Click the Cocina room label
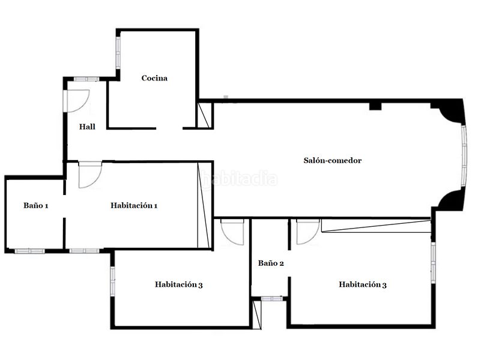[x=154, y=78]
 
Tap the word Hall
[x=87, y=127]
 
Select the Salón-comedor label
[x=332, y=161]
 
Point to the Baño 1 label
[x=35, y=206]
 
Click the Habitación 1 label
[x=134, y=206]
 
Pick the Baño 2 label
[x=271, y=263]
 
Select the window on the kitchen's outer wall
[x=118, y=53]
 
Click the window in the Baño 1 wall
[x=29, y=251]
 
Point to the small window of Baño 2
[x=272, y=299]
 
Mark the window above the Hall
[x=87, y=79]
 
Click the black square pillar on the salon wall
[x=375, y=106]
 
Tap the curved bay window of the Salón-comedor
[x=464, y=156]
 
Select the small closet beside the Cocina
[x=204, y=115]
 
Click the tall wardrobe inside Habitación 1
[x=204, y=205]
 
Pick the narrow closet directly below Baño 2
[x=257, y=314]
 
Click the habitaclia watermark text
[x=240, y=179]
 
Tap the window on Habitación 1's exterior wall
[x=85, y=251]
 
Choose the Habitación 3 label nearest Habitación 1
[x=178, y=285]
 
